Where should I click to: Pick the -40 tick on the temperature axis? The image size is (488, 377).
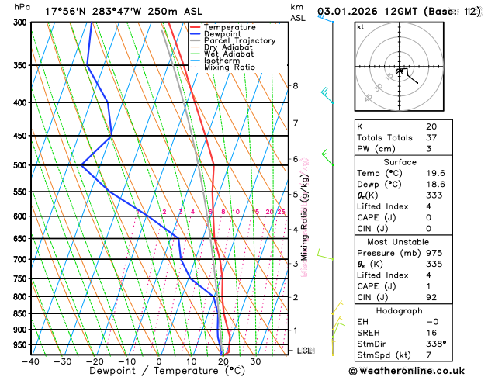(31, 361)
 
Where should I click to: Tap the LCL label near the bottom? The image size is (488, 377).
(305, 351)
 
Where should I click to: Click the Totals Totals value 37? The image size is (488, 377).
(431, 137)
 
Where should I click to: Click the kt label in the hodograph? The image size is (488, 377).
(360, 27)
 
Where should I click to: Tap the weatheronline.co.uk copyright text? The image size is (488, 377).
(418, 371)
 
